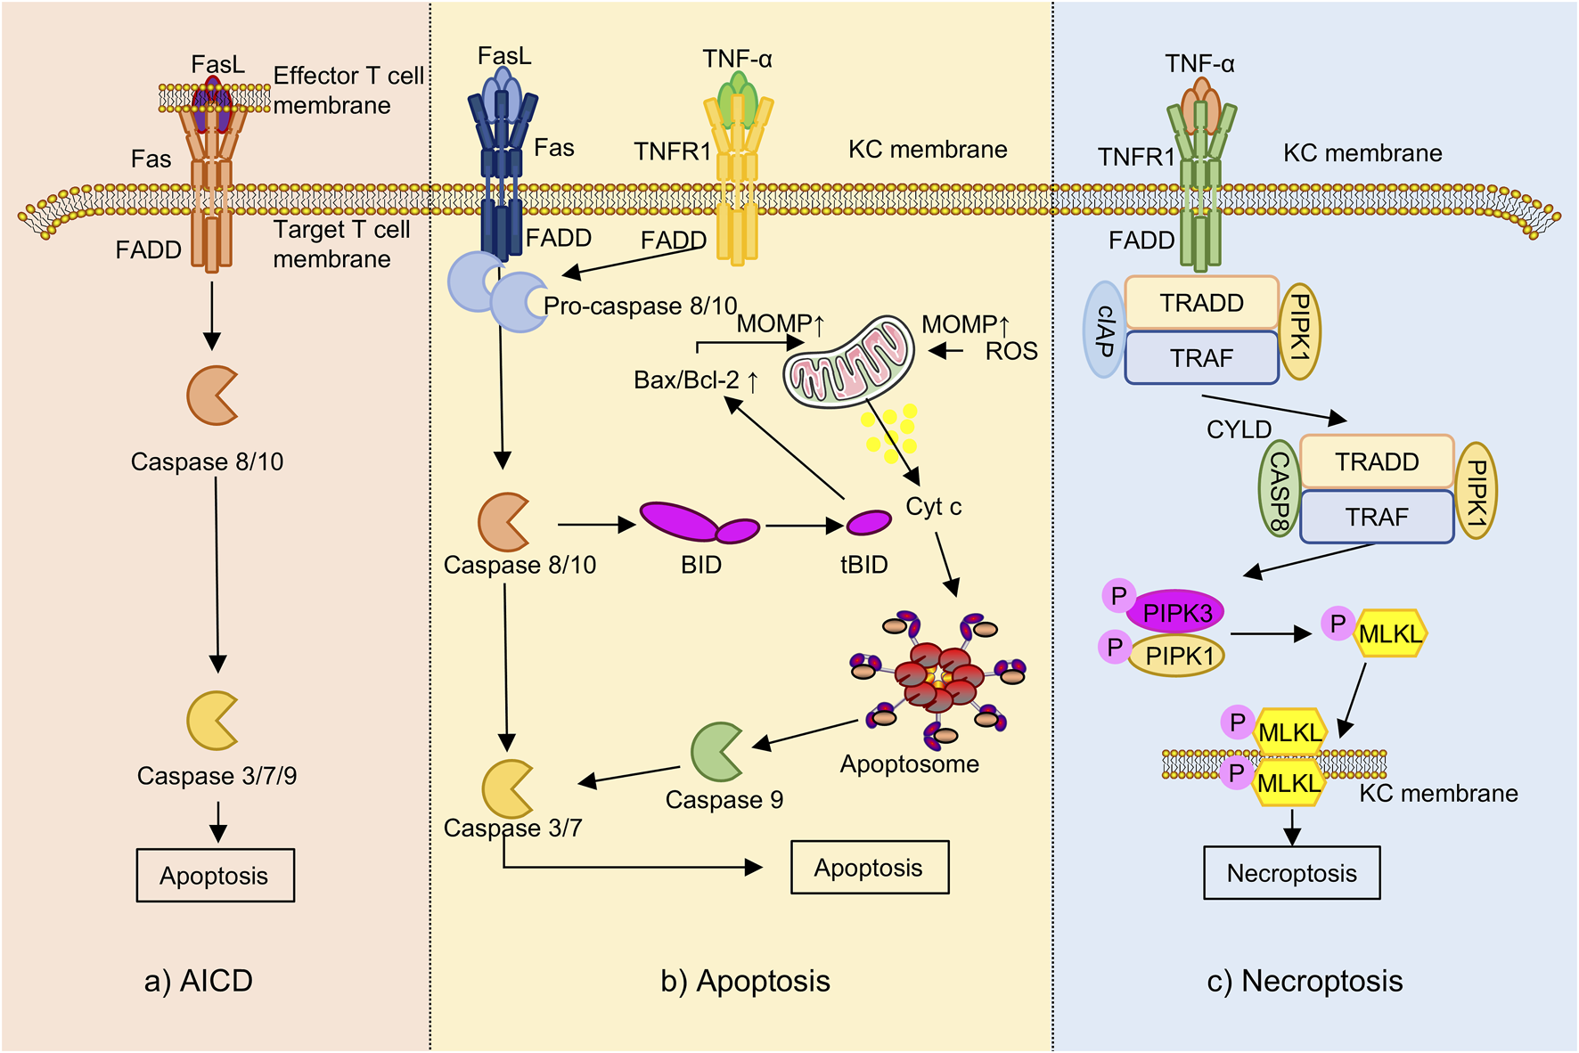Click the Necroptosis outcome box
pos(1291,873)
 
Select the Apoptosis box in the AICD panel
pos(215,876)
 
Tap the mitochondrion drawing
pos(848,361)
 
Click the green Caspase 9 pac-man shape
pos(716,751)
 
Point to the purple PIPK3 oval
pos(1175,612)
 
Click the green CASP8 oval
pos(1279,489)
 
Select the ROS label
pos(1011,352)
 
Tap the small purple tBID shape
pos(868,522)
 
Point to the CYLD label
pos(1239,429)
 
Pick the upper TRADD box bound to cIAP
pos(1201,303)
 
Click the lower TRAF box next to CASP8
pos(1376,517)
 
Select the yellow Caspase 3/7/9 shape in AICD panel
pos(211,720)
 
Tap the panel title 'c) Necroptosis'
pos(1305,981)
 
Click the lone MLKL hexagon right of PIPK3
pos(1390,634)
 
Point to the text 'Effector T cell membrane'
pos(348,90)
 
